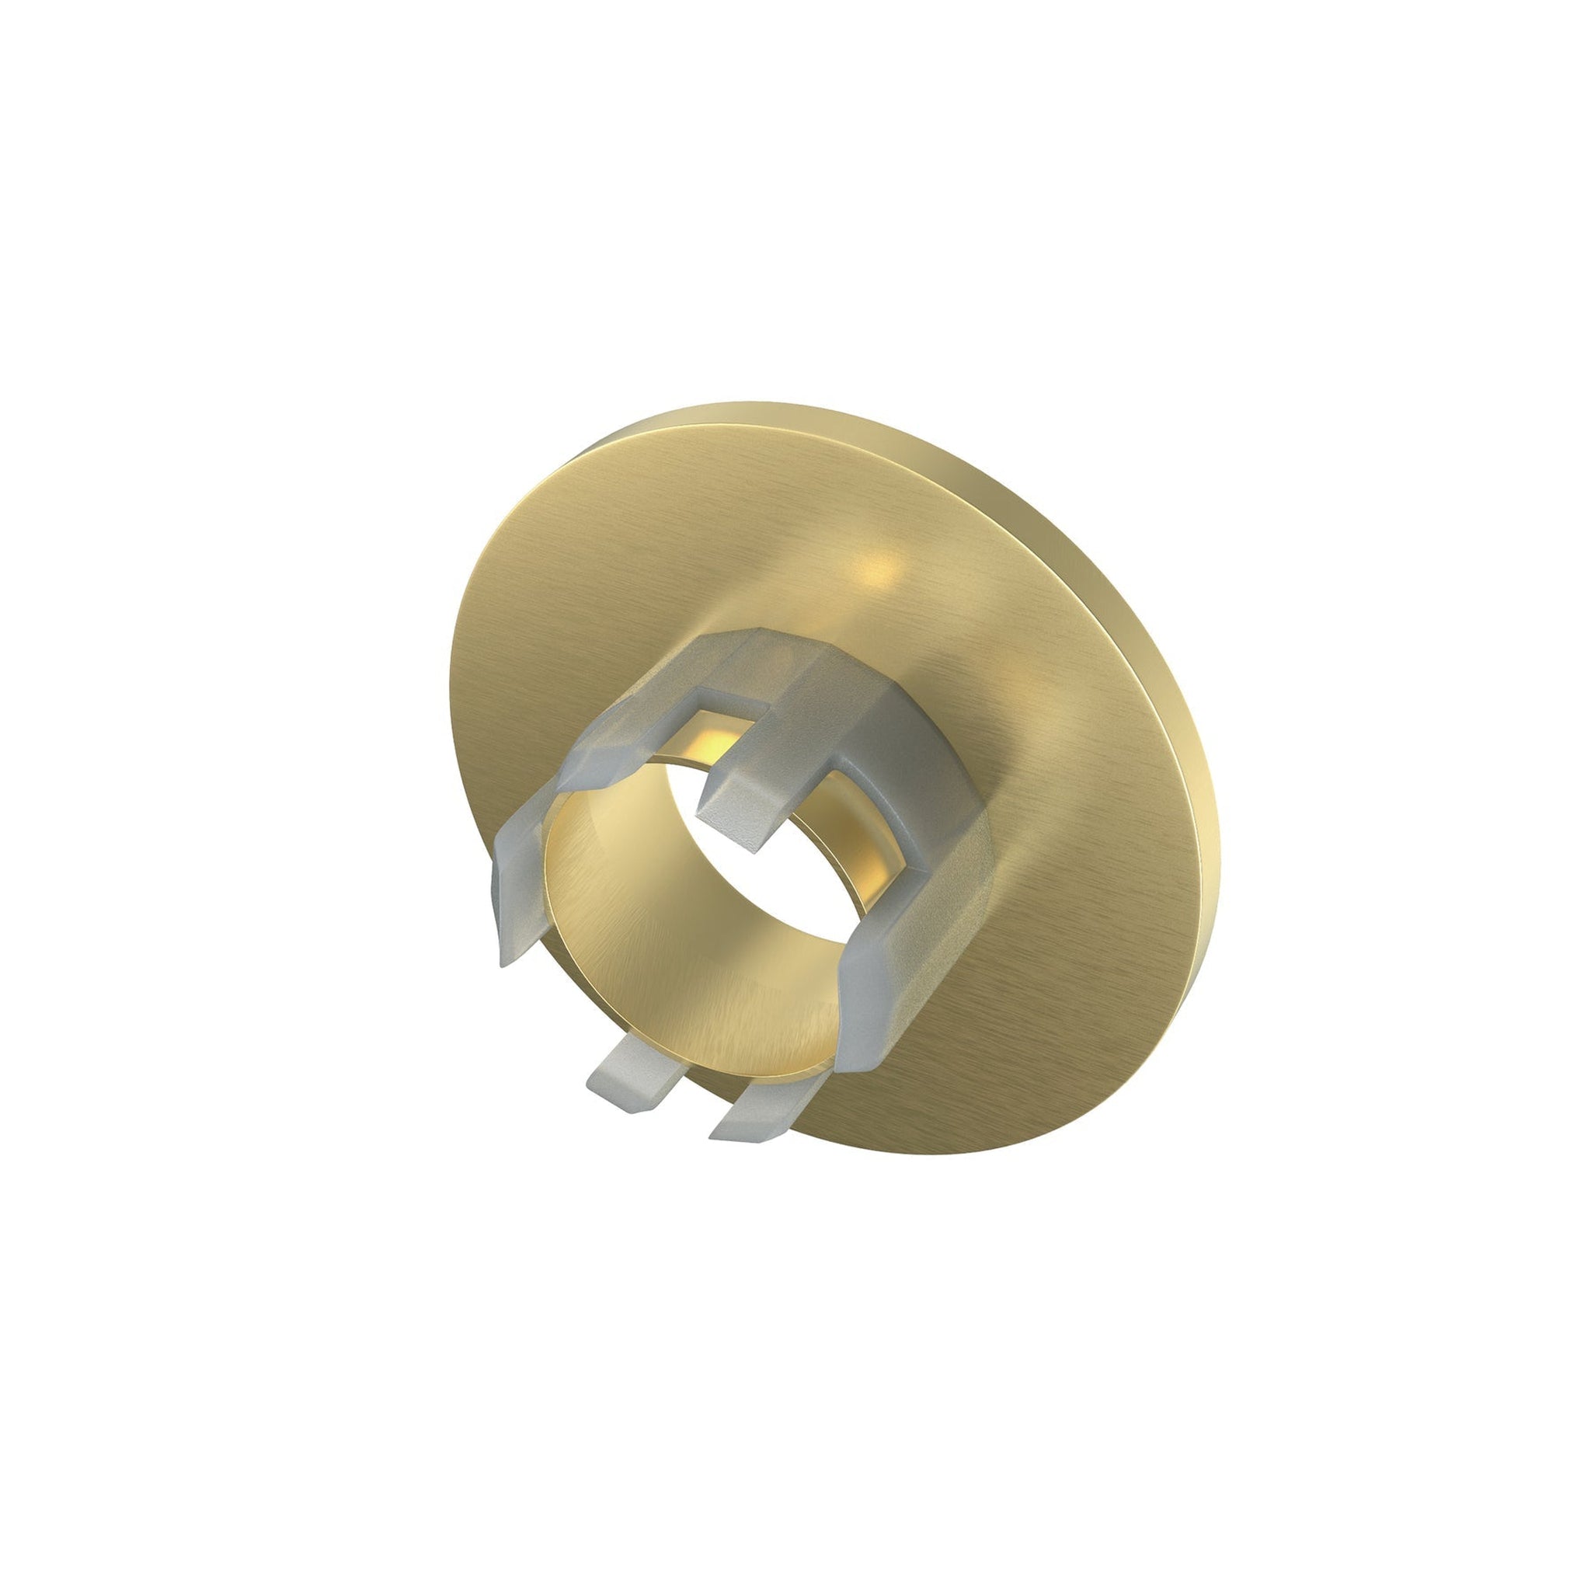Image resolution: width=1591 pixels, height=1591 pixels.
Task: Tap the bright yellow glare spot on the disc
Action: tap(877, 568)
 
